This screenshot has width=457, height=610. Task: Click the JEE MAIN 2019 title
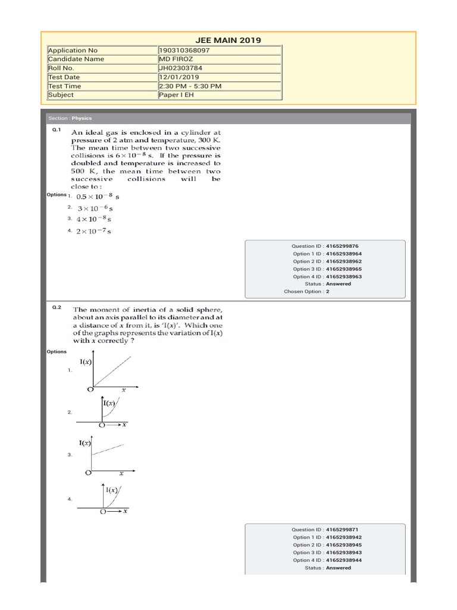pyautogui.click(x=228, y=41)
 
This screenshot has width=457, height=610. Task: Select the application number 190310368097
pyautogui.click(x=184, y=50)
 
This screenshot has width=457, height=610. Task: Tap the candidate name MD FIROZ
pyautogui.click(x=176, y=59)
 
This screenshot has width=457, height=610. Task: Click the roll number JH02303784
pyautogui.click(x=181, y=68)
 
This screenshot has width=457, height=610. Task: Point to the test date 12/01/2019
pyautogui.click(x=179, y=77)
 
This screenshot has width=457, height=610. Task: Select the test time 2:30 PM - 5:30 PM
pyautogui.click(x=190, y=86)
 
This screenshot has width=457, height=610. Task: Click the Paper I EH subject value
pyautogui.click(x=176, y=95)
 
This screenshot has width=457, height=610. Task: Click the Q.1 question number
pyautogui.click(x=57, y=129)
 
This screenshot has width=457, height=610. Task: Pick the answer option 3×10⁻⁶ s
pyautogui.click(x=95, y=208)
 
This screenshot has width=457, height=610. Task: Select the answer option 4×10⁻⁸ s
pyautogui.click(x=95, y=219)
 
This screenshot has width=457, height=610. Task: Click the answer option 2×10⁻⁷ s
pyautogui.click(x=95, y=231)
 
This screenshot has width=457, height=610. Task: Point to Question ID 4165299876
pyautogui.click(x=325, y=246)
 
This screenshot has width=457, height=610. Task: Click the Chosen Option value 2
pyautogui.click(x=327, y=292)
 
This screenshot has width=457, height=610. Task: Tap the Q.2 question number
pyautogui.click(x=57, y=307)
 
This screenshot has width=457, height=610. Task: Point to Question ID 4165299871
pyautogui.click(x=325, y=530)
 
